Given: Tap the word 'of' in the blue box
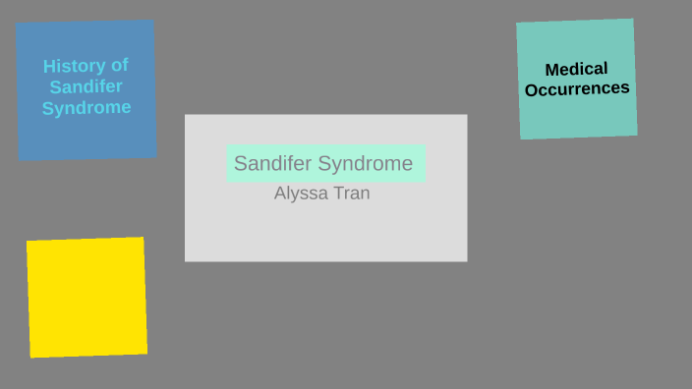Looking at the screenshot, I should [x=119, y=65].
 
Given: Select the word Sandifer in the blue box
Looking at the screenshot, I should [x=86, y=86].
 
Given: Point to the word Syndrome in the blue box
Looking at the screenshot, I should [x=86, y=108].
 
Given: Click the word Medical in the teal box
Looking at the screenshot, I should [x=577, y=69].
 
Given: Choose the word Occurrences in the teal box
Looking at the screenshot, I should [x=577, y=89].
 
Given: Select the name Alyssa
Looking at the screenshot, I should [x=300, y=194].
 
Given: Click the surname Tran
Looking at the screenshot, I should [x=350, y=194].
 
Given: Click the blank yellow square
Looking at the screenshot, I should [x=86, y=297].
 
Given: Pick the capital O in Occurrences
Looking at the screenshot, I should [x=531, y=91].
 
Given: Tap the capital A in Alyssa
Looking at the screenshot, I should [x=280, y=194].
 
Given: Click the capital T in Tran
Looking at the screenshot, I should [x=336, y=194].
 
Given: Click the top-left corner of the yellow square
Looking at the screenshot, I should [x=27, y=241].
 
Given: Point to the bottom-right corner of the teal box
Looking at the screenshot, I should [x=637, y=135].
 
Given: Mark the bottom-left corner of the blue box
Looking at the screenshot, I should [x=19, y=159].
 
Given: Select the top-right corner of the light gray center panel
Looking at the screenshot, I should [x=467, y=115].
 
